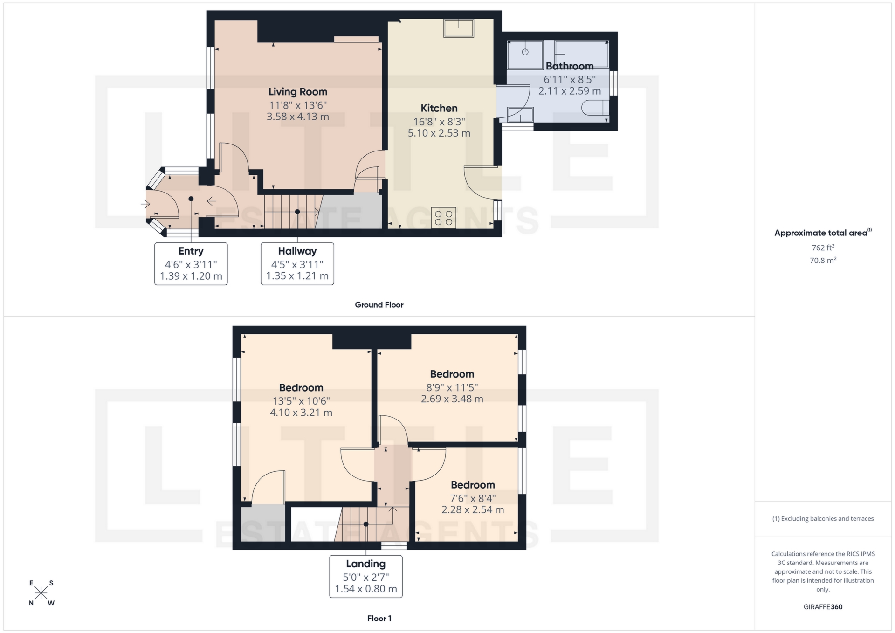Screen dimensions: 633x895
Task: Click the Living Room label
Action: click(297, 92)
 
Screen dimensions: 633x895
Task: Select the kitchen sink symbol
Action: click(459, 28)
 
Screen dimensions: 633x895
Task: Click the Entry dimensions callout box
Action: click(191, 264)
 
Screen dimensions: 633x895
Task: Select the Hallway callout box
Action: click(297, 264)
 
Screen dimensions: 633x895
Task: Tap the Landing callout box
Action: click(366, 577)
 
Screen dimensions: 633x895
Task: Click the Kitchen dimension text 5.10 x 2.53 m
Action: click(439, 133)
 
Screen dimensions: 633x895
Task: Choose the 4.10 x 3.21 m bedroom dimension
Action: click(301, 413)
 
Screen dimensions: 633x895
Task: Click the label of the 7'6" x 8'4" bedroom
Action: click(473, 485)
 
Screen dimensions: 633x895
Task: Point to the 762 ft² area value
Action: click(823, 248)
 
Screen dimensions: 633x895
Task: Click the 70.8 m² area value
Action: click(823, 261)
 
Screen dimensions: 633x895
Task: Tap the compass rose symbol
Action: click(41, 593)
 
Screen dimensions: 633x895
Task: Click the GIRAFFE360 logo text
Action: click(823, 607)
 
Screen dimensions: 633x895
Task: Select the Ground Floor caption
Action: click(379, 305)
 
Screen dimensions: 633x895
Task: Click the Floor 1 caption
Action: click(379, 619)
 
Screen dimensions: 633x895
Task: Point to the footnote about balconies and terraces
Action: click(823, 519)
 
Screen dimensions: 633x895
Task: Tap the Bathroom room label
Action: click(569, 66)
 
